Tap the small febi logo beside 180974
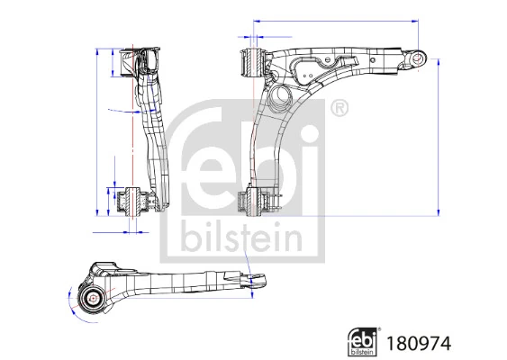[x=368, y=341]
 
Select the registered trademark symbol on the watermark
[x=339, y=110]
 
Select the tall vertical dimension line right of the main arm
[x=439, y=135]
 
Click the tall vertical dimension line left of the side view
[x=97, y=130]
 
